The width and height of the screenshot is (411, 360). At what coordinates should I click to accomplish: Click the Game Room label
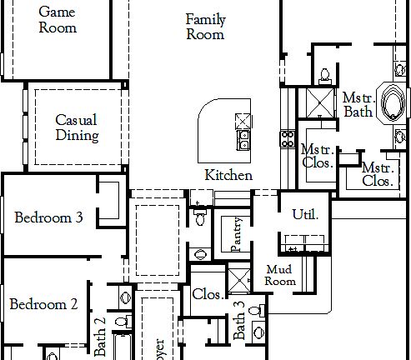click(x=58, y=20)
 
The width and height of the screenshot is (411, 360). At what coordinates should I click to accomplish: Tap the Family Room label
click(x=205, y=27)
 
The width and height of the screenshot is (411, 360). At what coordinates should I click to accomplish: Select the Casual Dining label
click(x=77, y=127)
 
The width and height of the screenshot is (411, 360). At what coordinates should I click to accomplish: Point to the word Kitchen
click(x=228, y=175)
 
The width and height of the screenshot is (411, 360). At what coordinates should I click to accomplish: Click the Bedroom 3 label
click(x=48, y=217)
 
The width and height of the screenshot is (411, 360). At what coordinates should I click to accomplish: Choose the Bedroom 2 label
click(x=43, y=304)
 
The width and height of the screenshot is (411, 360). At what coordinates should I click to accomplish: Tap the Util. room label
click(x=305, y=214)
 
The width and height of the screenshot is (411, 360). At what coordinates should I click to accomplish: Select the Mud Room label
click(x=280, y=275)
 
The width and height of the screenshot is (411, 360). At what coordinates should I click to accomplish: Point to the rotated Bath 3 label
click(x=240, y=321)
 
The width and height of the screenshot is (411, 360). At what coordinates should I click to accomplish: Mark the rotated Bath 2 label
click(x=100, y=336)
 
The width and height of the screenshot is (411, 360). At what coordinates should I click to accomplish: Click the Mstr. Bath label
click(x=358, y=104)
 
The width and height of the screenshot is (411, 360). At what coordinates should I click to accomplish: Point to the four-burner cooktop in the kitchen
click(x=288, y=137)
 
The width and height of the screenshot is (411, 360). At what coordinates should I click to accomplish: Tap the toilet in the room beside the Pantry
click(x=199, y=214)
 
